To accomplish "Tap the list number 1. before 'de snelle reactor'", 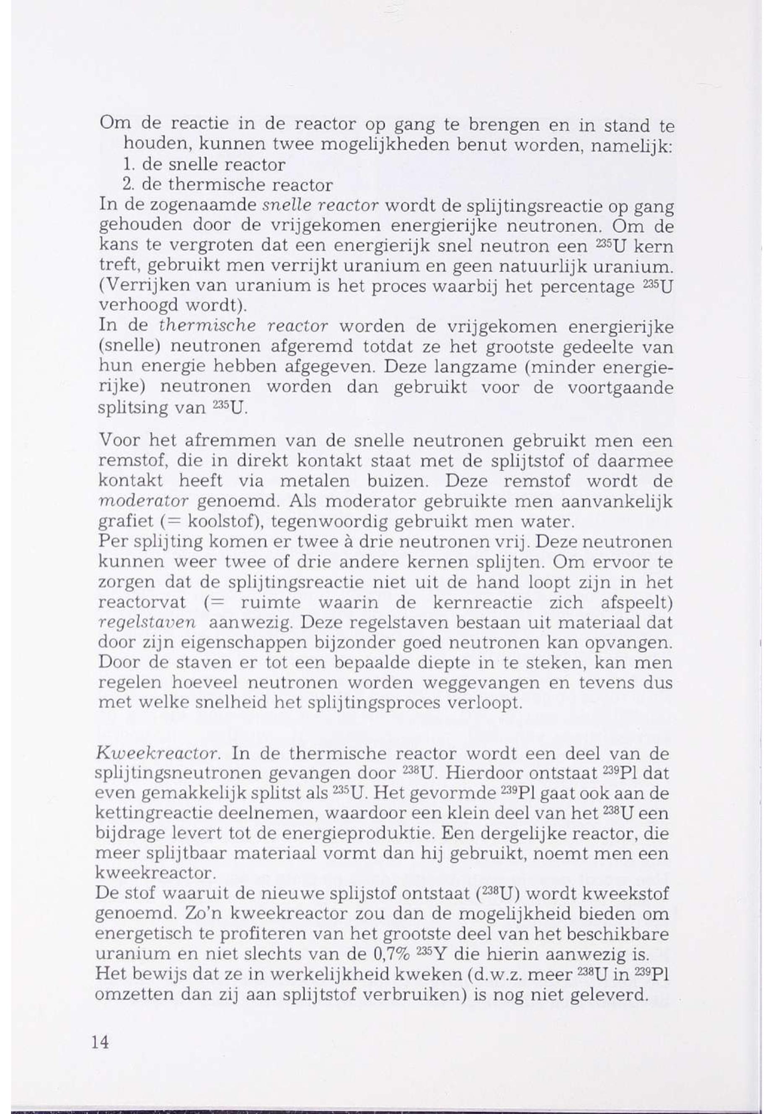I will [128, 165].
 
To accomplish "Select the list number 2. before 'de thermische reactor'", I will [128, 185].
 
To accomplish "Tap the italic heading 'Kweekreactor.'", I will [159, 754].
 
